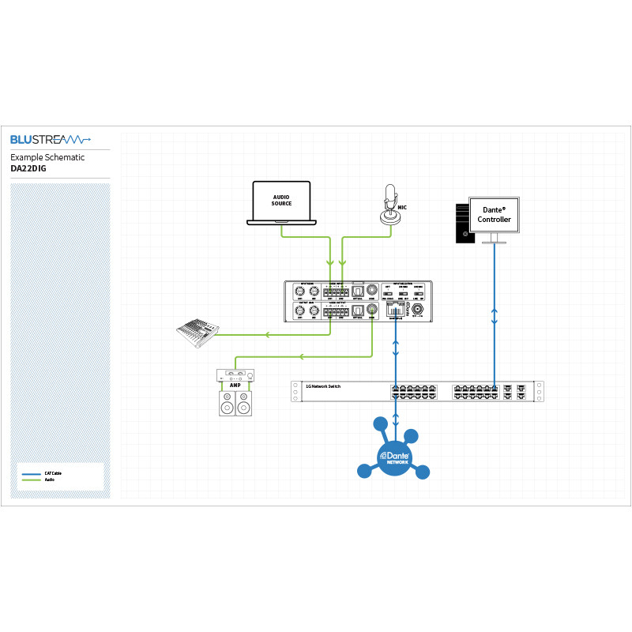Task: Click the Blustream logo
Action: pyautogui.click(x=50, y=140)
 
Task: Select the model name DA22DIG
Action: pyautogui.click(x=28, y=168)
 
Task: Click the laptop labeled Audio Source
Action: pyautogui.click(x=281, y=203)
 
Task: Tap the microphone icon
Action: pyautogui.click(x=389, y=205)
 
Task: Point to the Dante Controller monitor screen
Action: pyautogui.click(x=495, y=213)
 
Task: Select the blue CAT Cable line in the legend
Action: pyautogui.click(x=32, y=473)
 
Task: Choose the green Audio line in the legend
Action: pyautogui.click(x=32, y=480)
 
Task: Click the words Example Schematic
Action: pyautogui.click(x=47, y=157)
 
